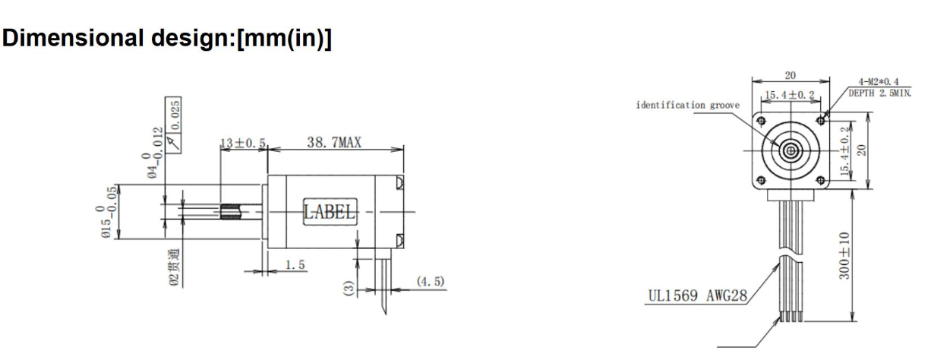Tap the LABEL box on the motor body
point(329,212)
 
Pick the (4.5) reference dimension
point(430,283)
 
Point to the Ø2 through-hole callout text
point(174,267)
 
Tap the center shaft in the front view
point(791,150)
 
